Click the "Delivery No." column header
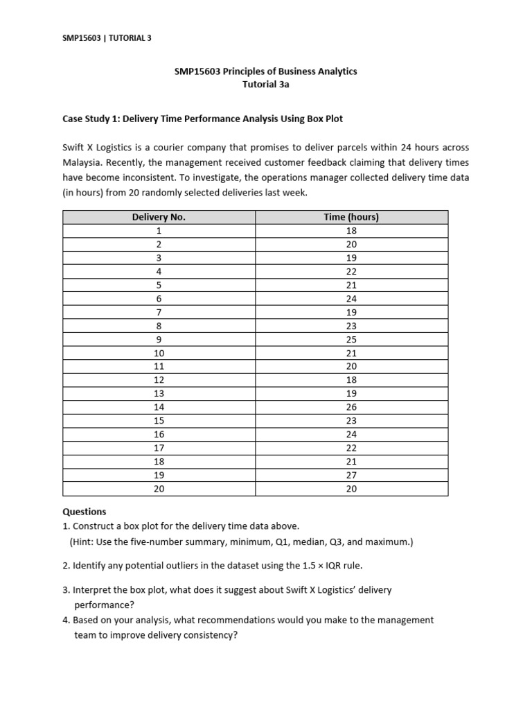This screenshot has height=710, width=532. tap(159, 217)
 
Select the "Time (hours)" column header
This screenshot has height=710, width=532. tap(351, 217)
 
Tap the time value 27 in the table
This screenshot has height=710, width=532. tap(351, 475)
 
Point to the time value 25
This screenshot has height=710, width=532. tap(351, 339)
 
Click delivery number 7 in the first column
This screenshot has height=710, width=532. tap(159, 312)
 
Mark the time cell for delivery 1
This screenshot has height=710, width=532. tap(351, 231)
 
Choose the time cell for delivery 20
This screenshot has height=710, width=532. tap(351, 489)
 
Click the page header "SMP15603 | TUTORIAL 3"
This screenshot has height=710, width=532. tap(107, 38)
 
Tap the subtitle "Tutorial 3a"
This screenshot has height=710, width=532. tap(265, 85)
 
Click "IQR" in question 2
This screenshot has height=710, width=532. tap(336, 565)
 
